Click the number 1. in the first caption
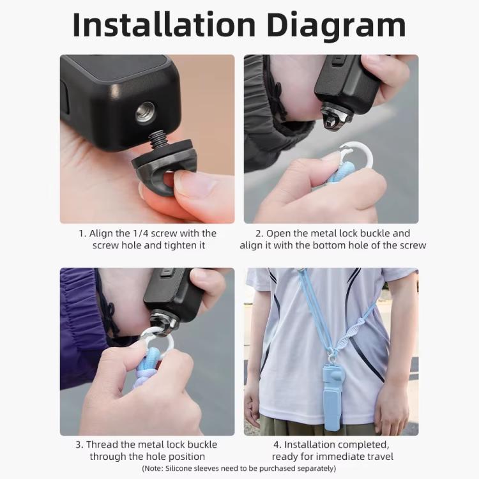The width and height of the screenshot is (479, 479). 82,234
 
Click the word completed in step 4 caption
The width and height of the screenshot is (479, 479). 364,445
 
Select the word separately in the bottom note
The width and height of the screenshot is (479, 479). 311,469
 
